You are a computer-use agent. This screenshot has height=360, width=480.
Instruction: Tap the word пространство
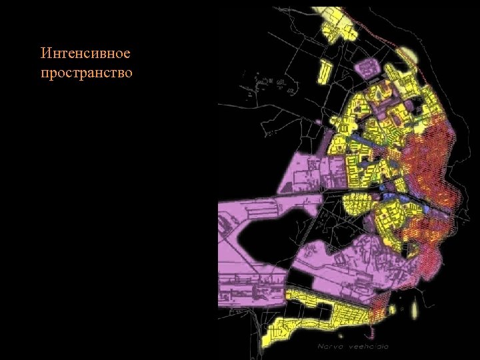point(87,72)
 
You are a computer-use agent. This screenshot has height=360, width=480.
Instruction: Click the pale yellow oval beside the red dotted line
point(407,54)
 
